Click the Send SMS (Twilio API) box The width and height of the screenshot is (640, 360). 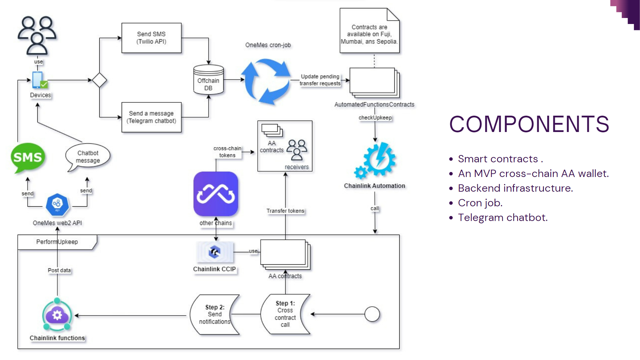tap(151, 38)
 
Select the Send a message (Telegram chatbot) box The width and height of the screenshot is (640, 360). tap(151, 117)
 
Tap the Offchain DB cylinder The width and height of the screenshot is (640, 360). tap(208, 80)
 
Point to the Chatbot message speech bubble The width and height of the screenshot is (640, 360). tap(88, 157)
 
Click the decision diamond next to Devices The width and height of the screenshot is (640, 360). tap(99, 80)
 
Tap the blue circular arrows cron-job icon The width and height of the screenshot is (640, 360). tap(266, 81)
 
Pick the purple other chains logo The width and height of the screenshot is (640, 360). tap(216, 194)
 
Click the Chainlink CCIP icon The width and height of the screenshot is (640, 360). tap(215, 252)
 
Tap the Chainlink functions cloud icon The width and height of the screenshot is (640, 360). tap(57, 315)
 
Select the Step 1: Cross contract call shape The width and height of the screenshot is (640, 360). tap(285, 314)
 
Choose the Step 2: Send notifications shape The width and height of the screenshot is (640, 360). tap(215, 314)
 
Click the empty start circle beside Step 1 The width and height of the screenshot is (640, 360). tap(372, 314)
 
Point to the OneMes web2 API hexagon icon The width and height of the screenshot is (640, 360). tap(57, 204)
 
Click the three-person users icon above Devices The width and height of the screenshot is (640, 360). tap(37, 35)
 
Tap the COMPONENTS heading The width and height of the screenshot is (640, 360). tap(529, 124)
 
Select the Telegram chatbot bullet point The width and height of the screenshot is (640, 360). tap(503, 218)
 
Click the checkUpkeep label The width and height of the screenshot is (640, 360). tap(375, 118)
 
